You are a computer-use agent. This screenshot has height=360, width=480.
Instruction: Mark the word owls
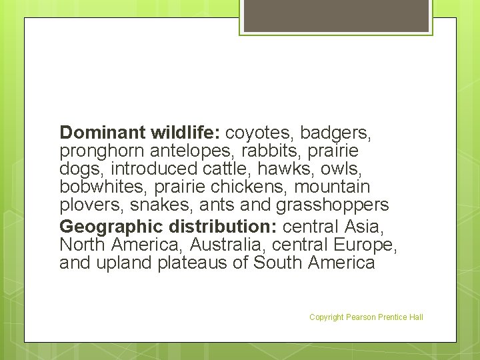(344, 169)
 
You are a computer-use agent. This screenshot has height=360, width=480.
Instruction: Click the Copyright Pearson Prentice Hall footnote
(366, 317)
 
